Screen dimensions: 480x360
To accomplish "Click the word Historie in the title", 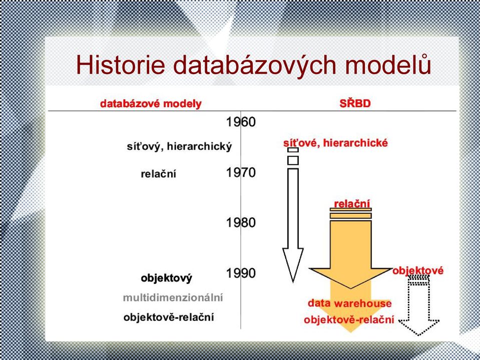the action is (121, 65).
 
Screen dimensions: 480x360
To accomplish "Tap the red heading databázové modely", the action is (151, 104).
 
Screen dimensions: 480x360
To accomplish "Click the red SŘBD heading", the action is (355, 103).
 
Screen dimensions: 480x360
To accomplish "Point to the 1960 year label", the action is (241, 122).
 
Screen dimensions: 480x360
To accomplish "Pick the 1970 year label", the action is (241, 173).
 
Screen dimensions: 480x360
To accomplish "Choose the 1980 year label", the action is (241, 222).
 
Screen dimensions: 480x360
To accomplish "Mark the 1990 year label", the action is (241, 273).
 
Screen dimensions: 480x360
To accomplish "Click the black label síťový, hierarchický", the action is (179, 147).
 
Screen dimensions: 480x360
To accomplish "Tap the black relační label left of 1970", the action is (158, 174).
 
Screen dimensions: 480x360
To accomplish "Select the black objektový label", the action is (167, 278).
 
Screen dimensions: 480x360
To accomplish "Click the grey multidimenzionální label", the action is (173, 297).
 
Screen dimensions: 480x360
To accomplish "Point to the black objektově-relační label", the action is (169, 317).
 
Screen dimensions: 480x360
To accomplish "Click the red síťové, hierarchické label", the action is (335, 143).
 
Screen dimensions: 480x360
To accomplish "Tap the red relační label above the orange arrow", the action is (352, 204).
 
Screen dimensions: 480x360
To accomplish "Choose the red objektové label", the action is (418, 271).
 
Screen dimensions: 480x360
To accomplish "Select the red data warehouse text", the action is (349, 303).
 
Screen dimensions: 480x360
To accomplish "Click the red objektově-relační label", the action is (349, 320).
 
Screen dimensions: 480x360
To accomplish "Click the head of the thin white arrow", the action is (293, 265).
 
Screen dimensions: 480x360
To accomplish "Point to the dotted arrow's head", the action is (419, 327).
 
